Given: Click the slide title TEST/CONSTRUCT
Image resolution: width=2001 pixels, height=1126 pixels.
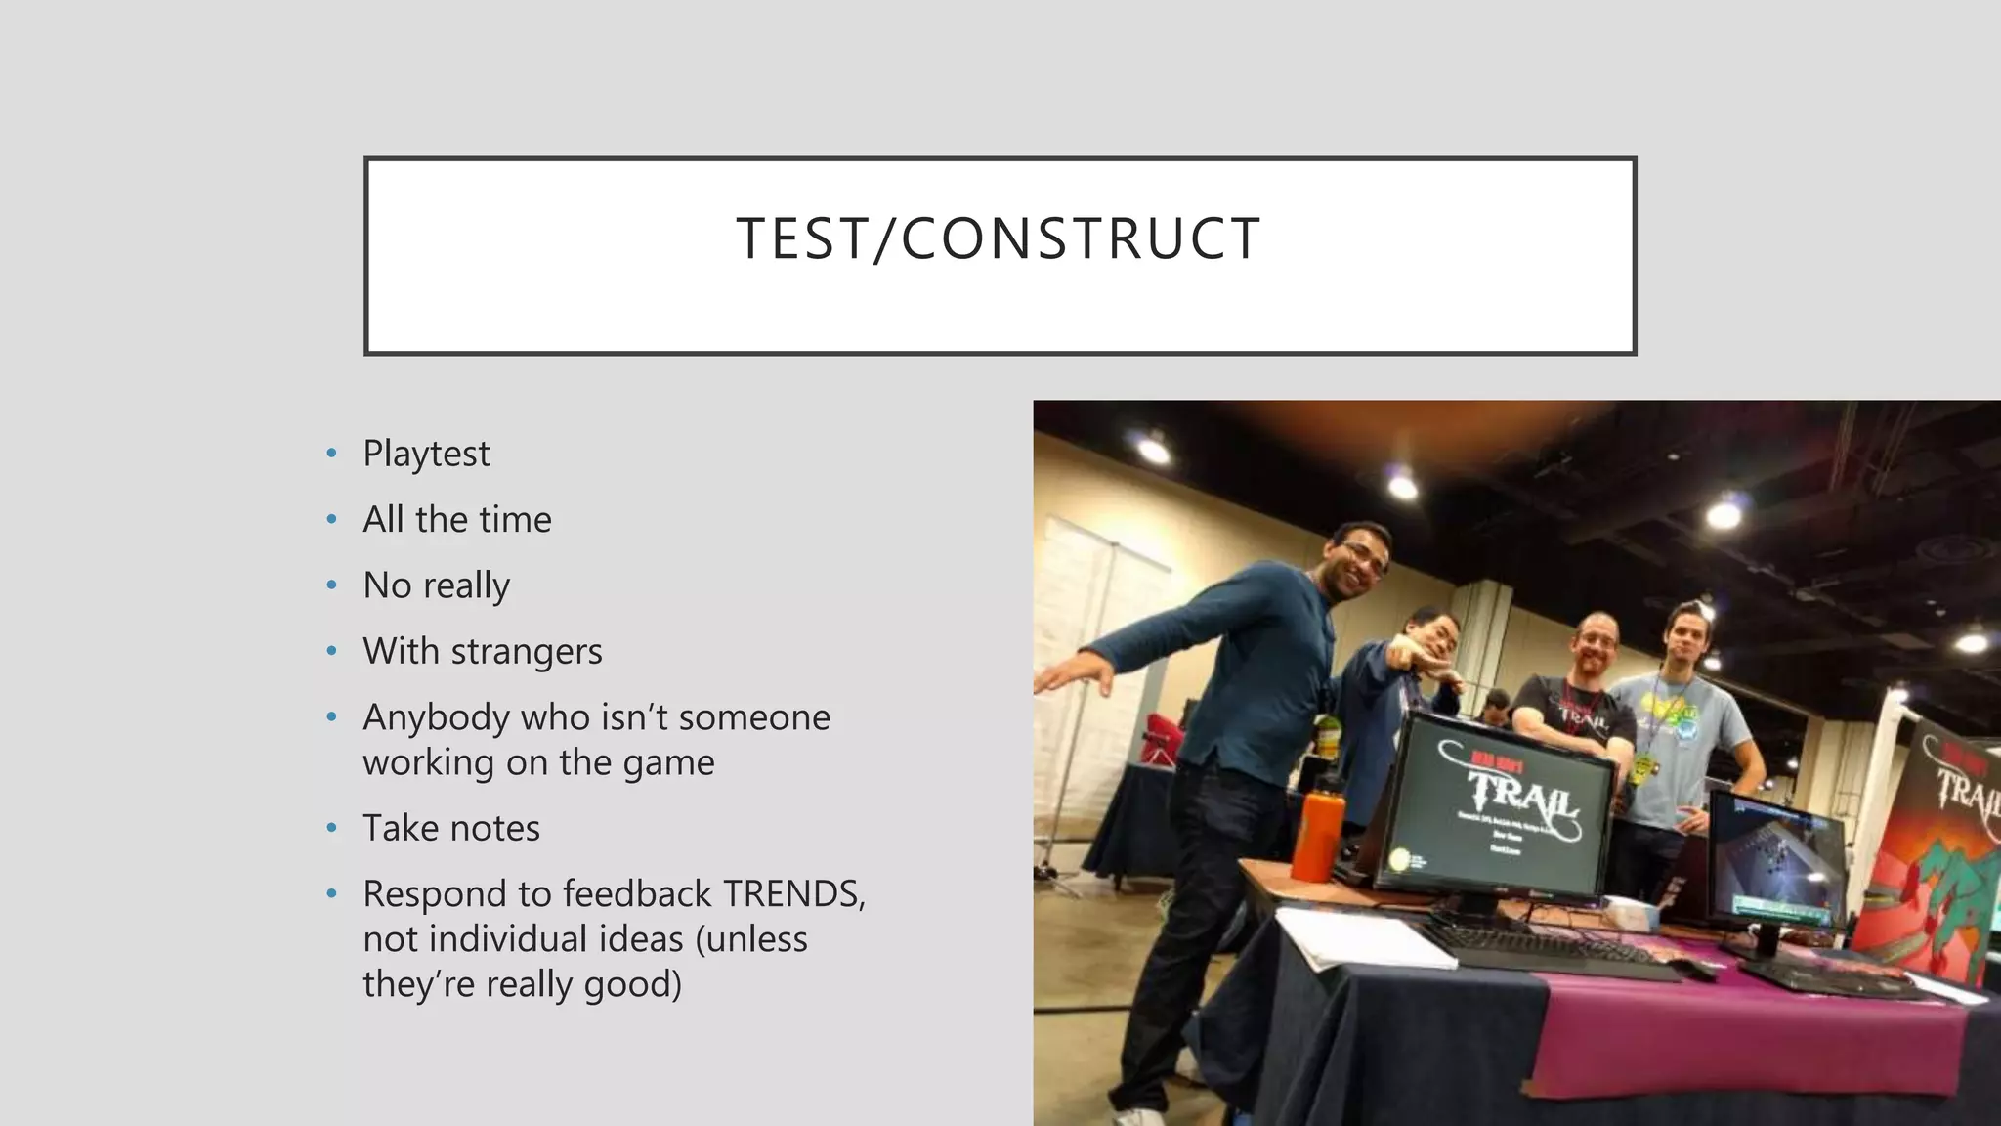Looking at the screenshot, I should click(999, 238).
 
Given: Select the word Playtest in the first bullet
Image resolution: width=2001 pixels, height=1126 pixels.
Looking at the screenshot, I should click(426, 454).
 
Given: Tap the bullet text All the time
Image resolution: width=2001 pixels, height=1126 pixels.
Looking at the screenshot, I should click(456, 519).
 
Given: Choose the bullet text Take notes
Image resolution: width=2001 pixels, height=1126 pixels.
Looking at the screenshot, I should click(450, 828).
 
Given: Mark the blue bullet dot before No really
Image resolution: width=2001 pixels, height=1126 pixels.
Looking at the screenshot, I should click(332, 585).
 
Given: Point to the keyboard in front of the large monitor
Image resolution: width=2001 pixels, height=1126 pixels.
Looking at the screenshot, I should click(1544, 953).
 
